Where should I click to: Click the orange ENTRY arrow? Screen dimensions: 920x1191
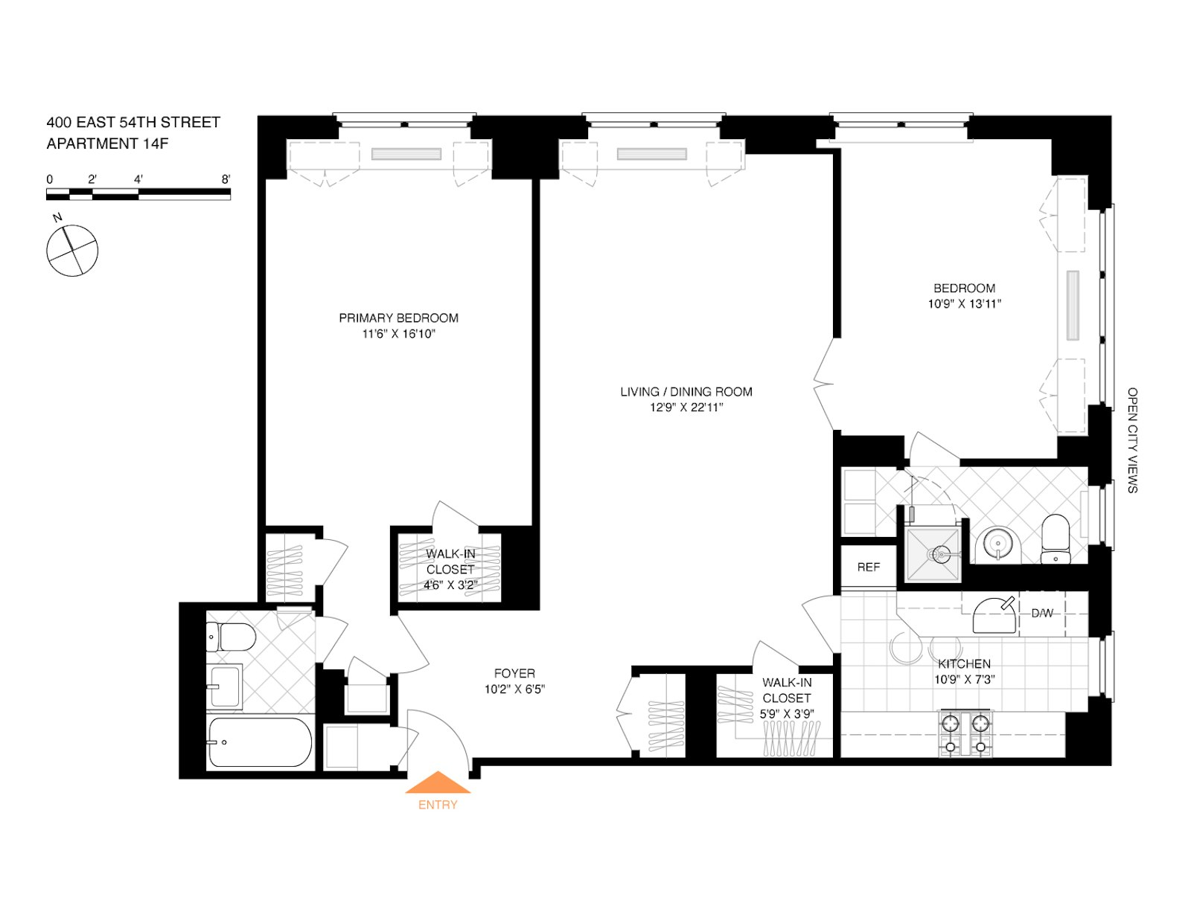438,784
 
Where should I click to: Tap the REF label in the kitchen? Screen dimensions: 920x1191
868,567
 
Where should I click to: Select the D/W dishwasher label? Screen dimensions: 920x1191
1041,614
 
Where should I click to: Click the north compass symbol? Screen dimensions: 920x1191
72,251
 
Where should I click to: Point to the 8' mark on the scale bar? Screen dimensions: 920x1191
226,179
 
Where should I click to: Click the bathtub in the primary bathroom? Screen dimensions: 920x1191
259,742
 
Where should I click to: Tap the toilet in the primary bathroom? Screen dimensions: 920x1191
232,637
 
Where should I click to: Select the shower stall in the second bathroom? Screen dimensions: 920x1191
933,554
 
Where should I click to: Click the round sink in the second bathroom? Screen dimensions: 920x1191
997,544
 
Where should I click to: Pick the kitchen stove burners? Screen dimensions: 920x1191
965,733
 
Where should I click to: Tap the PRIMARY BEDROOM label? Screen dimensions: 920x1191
398,318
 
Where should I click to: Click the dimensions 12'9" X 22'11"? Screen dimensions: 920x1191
686,408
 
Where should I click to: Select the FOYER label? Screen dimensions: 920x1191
514,674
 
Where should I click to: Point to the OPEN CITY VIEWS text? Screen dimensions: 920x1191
1131,440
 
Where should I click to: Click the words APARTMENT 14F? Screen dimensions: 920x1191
107,144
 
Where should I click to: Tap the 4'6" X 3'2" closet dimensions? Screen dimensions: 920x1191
450,585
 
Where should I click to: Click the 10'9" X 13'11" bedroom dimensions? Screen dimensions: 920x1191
964,304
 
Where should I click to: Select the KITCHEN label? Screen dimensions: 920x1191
964,664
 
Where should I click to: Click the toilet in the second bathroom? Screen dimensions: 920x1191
1055,538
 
